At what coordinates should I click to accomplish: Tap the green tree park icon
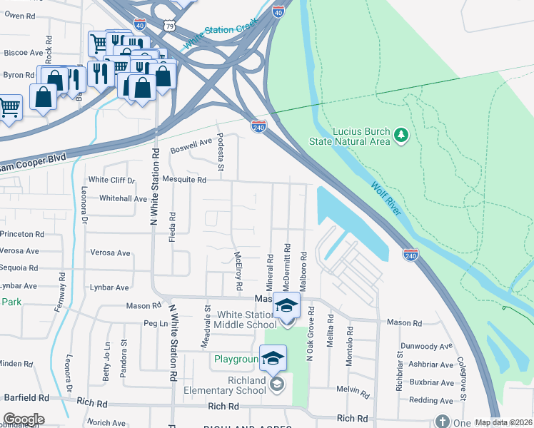click(x=401, y=134)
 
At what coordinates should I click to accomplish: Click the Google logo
click(x=24, y=419)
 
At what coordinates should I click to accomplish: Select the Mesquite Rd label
click(x=183, y=180)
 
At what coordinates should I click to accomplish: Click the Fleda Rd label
click(x=172, y=226)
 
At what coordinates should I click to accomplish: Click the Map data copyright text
click(x=503, y=422)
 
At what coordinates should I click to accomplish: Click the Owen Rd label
click(x=20, y=16)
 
